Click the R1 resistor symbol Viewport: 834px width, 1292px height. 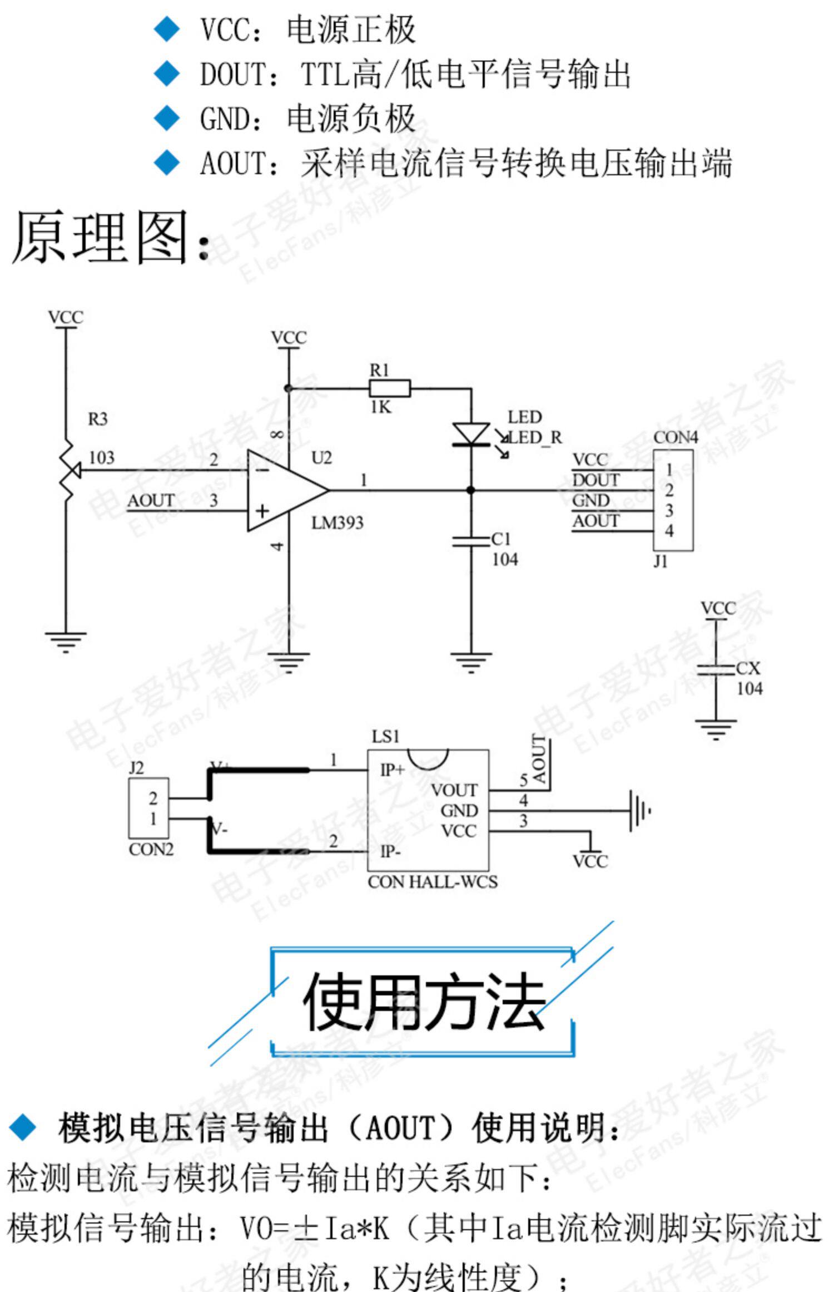(390, 388)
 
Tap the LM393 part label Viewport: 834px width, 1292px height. (337, 522)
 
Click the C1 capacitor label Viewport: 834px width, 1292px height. (501, 539)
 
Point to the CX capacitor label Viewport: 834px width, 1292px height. (748, 668)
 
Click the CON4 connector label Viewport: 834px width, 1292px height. (676, 437)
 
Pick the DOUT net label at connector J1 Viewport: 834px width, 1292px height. (595, 480)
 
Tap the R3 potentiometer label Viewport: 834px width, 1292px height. (97, 418)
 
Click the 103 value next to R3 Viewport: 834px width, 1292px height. (102, 457)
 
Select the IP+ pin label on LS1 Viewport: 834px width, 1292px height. (392, 770)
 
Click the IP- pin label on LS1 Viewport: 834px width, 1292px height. (391, 851)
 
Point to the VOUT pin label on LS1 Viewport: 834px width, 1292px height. (454, 790)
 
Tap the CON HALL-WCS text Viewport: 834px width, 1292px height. (433, 882)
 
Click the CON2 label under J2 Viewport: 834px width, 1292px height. (151, 849)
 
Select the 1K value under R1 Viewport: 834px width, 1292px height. (381, 407)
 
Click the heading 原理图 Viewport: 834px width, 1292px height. (100, 238)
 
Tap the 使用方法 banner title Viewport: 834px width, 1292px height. (423, 1002)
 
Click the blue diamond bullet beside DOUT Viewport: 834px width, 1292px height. (167, 73)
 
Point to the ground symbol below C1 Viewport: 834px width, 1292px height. (471, 662)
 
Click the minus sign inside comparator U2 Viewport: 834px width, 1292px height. (263, 470)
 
